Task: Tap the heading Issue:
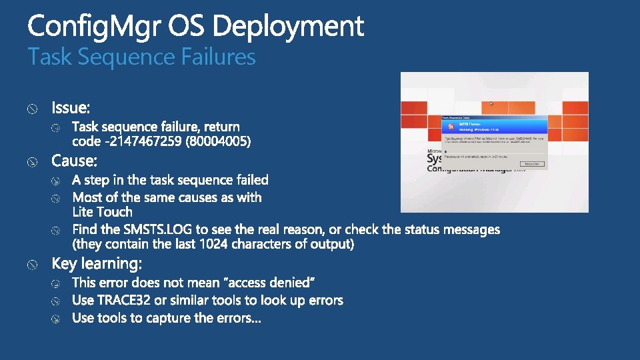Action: pyautogui.click(x=71, y=107)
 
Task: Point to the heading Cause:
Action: pyautogui.click(x=75, y=161)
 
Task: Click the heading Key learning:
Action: pyautogui.click(x=97, y=264)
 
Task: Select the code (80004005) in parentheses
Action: pyautogui.click(x=219, y=141)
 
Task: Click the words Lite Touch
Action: pyautogui.click(x=102, y=212)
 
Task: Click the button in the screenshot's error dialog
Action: pyautogui.click(x=531, y=163)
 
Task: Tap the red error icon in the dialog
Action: pyautogui.click(x=451, y=126)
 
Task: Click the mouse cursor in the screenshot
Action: pyautogui.click(x=492, y=104)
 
